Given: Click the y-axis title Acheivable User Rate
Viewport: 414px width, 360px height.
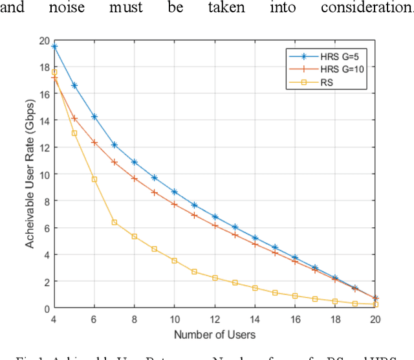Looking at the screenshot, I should [30, 175].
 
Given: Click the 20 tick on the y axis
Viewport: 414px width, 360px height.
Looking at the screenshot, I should [44, 40].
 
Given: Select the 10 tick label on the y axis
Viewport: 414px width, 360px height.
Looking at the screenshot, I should [44, 174].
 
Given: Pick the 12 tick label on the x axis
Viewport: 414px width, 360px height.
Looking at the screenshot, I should [215, 319].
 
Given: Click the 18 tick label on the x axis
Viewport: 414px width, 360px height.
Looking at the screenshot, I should [335, 319].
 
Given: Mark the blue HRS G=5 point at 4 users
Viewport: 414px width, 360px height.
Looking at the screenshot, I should [54, 47].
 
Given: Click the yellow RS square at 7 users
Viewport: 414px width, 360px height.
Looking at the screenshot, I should [114, 222].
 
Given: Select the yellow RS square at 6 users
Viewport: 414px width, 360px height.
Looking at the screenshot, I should [94, 179].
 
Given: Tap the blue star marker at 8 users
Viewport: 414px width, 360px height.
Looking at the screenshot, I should [135, 162].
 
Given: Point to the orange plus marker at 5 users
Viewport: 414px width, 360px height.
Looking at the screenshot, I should [74, 118].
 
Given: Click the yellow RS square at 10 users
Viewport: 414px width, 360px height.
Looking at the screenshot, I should [175, 260].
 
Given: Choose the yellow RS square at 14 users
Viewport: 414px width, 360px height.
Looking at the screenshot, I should [255, 288].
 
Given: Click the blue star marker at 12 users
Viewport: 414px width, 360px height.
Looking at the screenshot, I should [215, 217].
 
